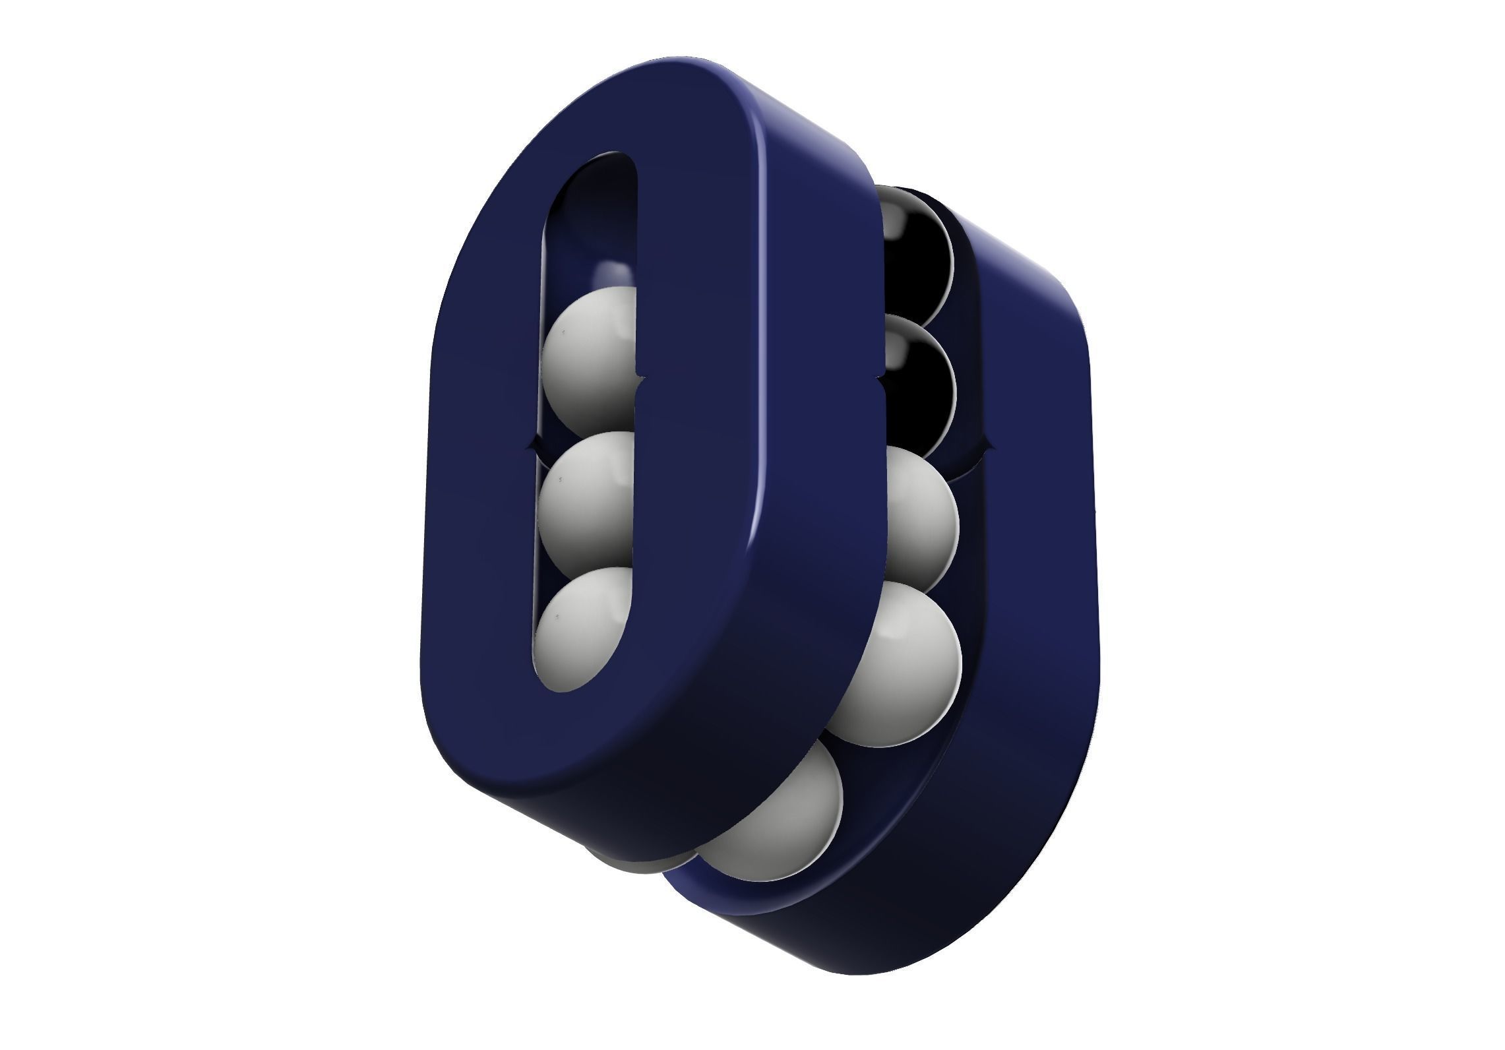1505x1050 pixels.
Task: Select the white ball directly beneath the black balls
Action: pyautogui.click(x=917, y=521)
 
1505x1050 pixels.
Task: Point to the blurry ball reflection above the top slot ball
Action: pyautogui.click(x=610, y=274)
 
